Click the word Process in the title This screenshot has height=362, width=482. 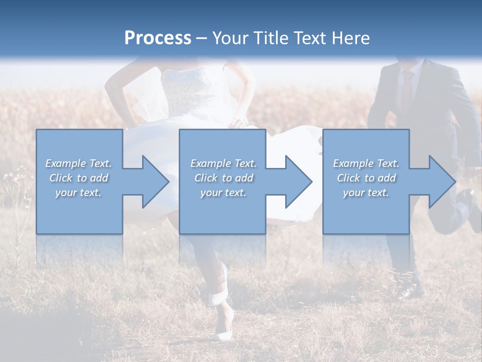[158, 38]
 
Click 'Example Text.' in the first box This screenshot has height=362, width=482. [79, 163]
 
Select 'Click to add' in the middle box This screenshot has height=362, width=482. [223, 178]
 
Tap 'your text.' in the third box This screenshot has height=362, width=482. [366, 193]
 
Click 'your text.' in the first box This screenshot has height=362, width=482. [79, 193]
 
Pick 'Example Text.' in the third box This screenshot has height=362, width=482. [366, 163]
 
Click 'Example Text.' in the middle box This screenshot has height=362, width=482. [223, 163]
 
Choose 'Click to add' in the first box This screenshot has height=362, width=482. [79, 178]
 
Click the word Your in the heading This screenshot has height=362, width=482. [231, 38]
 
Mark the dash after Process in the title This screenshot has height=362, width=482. [202, 38]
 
